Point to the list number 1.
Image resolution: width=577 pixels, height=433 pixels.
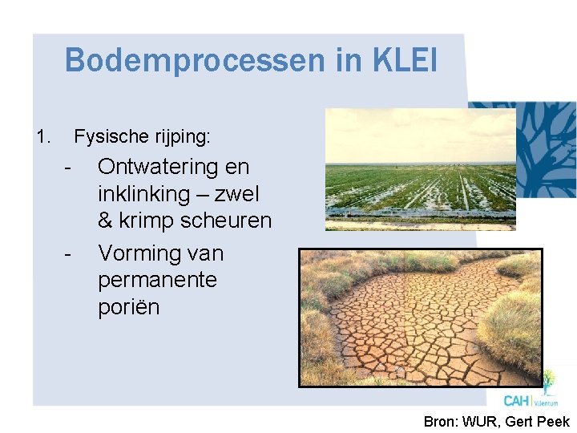click(x=43, y=137)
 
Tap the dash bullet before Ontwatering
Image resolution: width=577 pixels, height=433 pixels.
click(x=70, y=168)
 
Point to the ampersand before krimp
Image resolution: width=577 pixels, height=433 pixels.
click(x=107, y=221)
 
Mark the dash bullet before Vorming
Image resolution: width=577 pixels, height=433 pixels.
click(x=70, y=255)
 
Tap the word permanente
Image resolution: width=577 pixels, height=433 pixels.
click(x=158, y=281)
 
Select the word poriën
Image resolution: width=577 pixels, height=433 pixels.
click(x=129, y=307)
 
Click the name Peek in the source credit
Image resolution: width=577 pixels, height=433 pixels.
click(x=552, y=422)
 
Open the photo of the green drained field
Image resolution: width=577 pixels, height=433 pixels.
click(x=420, y=170)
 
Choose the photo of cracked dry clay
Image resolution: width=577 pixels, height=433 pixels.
click(x=420, y=318)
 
